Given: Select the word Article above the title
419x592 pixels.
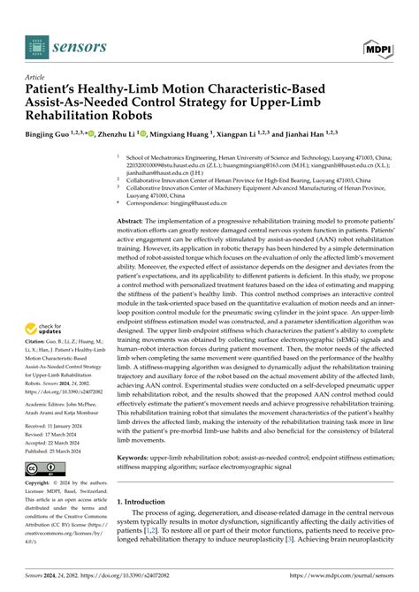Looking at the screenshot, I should click(x=36, y=77).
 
